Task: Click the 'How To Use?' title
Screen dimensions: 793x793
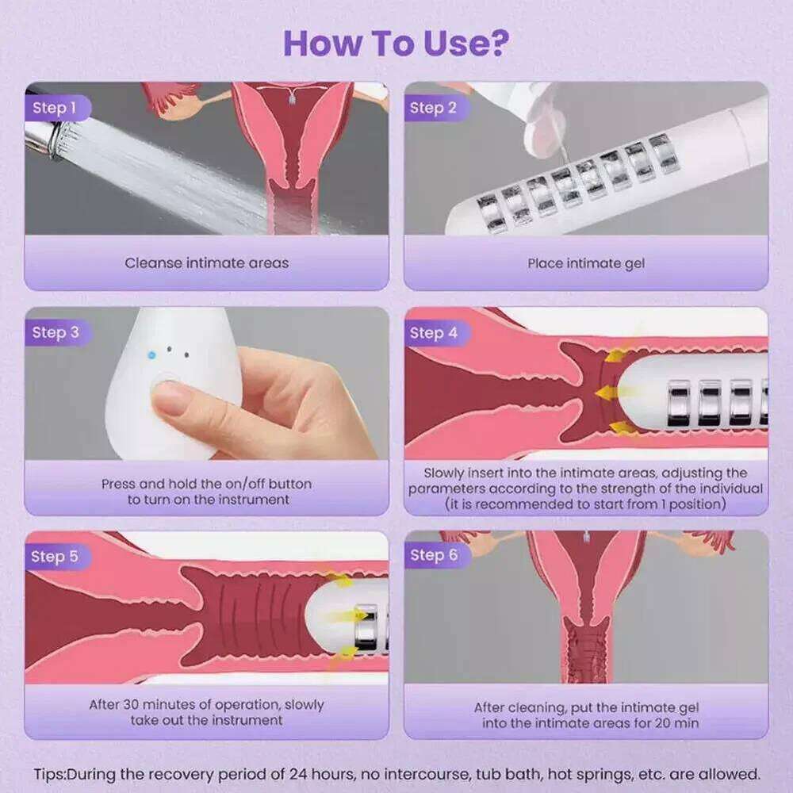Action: [x=396, y=43]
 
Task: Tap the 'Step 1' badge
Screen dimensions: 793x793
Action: [x=56, y=108]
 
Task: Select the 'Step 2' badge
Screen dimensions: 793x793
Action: [x=435, y=108]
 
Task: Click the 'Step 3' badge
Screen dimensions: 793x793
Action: [x=56, y=332]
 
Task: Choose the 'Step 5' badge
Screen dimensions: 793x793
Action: [x=56, y=557]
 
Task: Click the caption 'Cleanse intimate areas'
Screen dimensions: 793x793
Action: [x=207, y=263]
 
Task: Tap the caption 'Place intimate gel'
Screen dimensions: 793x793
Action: [x=586, y=263]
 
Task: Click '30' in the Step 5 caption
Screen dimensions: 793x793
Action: [x=132, y=704]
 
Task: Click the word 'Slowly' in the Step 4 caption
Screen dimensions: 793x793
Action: [x=443, y=473]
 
